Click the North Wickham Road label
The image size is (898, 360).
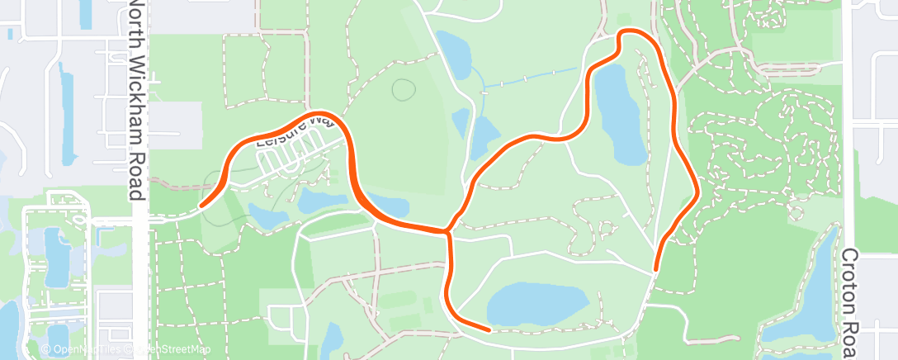138,99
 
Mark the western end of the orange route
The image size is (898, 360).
201,205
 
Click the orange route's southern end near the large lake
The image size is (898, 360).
489,329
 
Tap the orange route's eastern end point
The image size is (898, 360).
655,269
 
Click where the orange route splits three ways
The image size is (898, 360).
449,231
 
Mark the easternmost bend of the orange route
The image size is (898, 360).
698,192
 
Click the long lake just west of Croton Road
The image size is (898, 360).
809,289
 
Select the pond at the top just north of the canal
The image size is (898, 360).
452,54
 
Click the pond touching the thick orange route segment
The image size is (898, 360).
388,204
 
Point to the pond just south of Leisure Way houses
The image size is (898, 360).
314,199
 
